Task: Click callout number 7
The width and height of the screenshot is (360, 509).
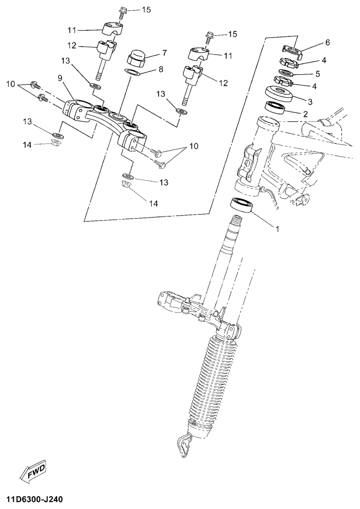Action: click(164, 52)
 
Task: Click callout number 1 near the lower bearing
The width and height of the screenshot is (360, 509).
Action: click(277, 229)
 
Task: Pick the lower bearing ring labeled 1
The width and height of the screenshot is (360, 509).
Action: click(241, 205)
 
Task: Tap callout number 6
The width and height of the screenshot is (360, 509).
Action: click(327, 42)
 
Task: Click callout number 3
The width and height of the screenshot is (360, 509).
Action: click(310, 102)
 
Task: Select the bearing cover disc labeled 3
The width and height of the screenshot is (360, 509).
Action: click(279, 93)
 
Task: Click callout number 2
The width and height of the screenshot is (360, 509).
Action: click(305, 114)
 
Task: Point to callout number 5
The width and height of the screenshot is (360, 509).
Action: click(318, 74)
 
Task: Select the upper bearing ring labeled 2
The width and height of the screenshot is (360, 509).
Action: click(276, 107)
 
